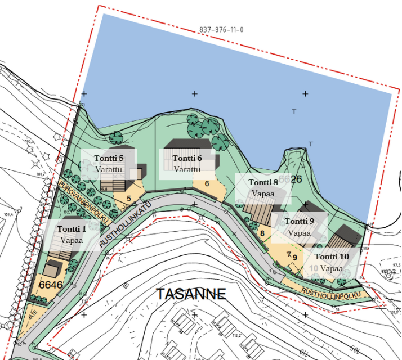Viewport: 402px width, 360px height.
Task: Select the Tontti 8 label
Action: pos(263,182)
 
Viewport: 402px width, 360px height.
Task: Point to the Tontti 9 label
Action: pos(299,221)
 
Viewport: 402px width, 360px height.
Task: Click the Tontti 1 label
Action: pos(72,229)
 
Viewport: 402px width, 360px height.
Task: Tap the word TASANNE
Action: pos(191,294)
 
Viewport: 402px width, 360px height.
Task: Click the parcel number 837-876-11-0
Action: pos(221,30)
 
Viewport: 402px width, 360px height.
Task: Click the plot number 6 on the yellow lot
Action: pos(207,183)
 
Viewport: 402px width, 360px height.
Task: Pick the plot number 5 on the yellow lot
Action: pos(129,198)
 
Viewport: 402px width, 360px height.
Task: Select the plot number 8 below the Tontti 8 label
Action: pos(262,233)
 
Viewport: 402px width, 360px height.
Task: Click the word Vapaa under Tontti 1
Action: pos(72,240)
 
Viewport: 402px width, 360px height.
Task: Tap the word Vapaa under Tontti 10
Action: pos(332,268)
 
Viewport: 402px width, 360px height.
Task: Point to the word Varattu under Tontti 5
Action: pos(109,169)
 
